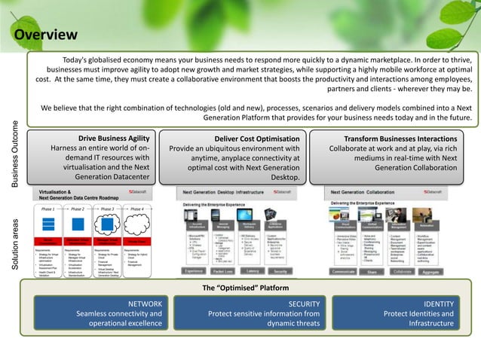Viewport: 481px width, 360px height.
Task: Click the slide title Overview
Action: (46, 35)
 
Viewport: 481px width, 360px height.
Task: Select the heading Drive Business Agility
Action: (114, 139)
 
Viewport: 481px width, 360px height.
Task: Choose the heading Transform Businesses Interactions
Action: (400, 139)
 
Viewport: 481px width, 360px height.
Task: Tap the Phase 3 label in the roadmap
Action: (108, 209)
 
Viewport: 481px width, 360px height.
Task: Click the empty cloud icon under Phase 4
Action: (136, 224)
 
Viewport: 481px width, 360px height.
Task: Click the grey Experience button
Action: (195, 270)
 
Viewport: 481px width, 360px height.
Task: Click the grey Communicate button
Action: (344, 271)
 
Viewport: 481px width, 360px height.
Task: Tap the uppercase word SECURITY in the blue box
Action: (304, 304)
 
